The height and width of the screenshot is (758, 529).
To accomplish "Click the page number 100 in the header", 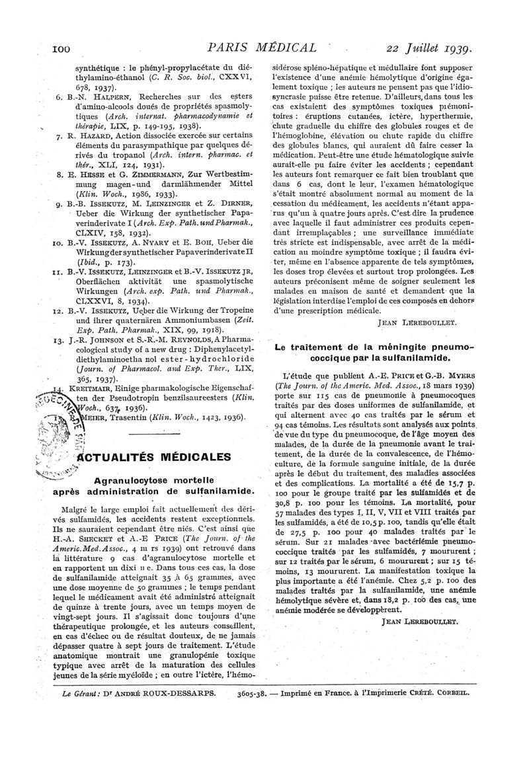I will [x=28, y=48].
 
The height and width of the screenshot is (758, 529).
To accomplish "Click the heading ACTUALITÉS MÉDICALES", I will [x=157, y=456].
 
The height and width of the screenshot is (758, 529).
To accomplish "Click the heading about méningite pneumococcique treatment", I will [x=375, y=353].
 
